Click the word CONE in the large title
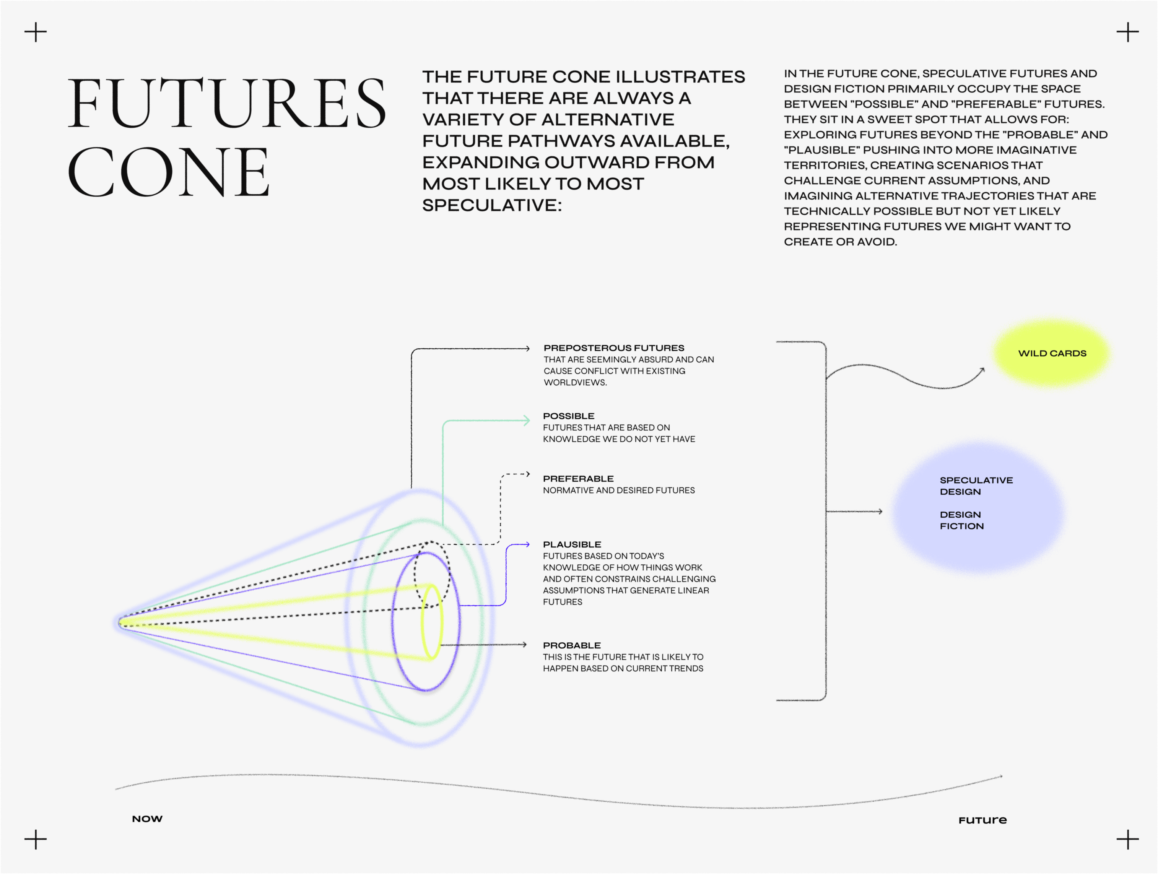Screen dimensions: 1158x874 pyautogui.click(x=169, y=172)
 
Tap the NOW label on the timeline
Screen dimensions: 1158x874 pyautogui.click(x=147, y=819)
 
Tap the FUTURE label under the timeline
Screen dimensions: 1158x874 pyautogui.click(x=982, y=820)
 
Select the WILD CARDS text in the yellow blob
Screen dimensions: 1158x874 pyautogui.click(x=1052, y=353)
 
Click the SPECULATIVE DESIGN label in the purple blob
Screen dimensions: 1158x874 pyautogui.click(x=976, y=486)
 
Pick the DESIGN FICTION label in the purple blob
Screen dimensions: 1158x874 pyautogui.click(x=962, y=520)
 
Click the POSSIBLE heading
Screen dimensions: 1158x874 pyautogui.click(x=569, y=416)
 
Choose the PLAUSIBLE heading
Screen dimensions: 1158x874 pyautogui.click(x=572, y=545)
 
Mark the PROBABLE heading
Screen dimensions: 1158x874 pyautogui.click(x=572, y=646)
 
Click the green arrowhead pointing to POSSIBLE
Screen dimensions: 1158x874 pyautogui.click(x=527, y=420)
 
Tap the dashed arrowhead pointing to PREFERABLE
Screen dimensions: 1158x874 pyautogui.click(x=528, y=474)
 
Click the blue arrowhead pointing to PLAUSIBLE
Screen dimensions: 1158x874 pyautogui.click(x=527, y=544)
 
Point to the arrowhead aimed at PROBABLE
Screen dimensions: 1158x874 pyautogui.click(x=524, y=645)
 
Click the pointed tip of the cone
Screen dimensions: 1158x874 pyautogui.click(x=119, y=622)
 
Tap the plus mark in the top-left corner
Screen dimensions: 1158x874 pyautogui.click(x=36, y=32)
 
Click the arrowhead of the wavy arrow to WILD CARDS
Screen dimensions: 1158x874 pyautogui.click(x=982, y=370)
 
